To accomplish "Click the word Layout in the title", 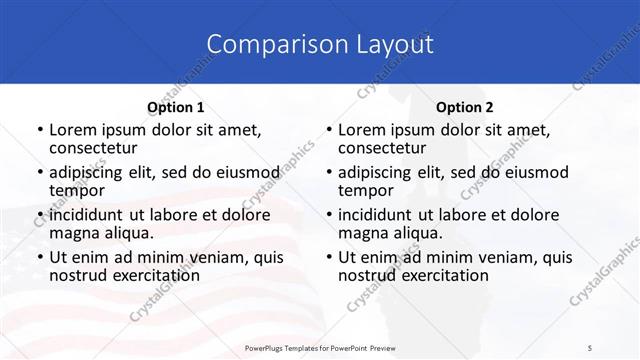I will pos(392,44).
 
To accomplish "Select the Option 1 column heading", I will pos(176,107).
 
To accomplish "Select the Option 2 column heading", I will pos(465,107).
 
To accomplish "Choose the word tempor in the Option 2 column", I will pos(366,190).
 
